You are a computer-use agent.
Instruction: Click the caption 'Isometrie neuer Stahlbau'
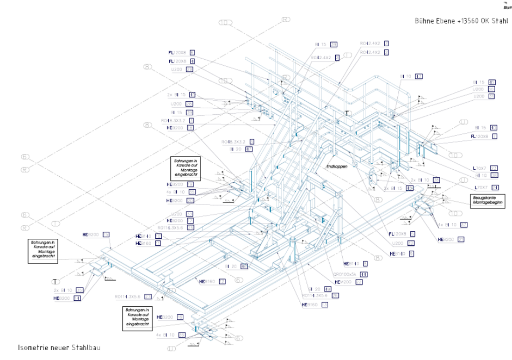tap(59, 348)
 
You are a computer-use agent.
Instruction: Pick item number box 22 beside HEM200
tap(359, 282)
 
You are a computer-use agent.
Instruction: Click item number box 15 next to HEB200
tap(106, 235)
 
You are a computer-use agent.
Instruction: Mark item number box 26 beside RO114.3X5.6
tap(335, 296)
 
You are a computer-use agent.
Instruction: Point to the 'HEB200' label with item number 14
tap(62, 298)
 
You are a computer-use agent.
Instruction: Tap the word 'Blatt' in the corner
tap(506, 7)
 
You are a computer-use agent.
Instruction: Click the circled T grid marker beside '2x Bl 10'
tap(55, 281)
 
